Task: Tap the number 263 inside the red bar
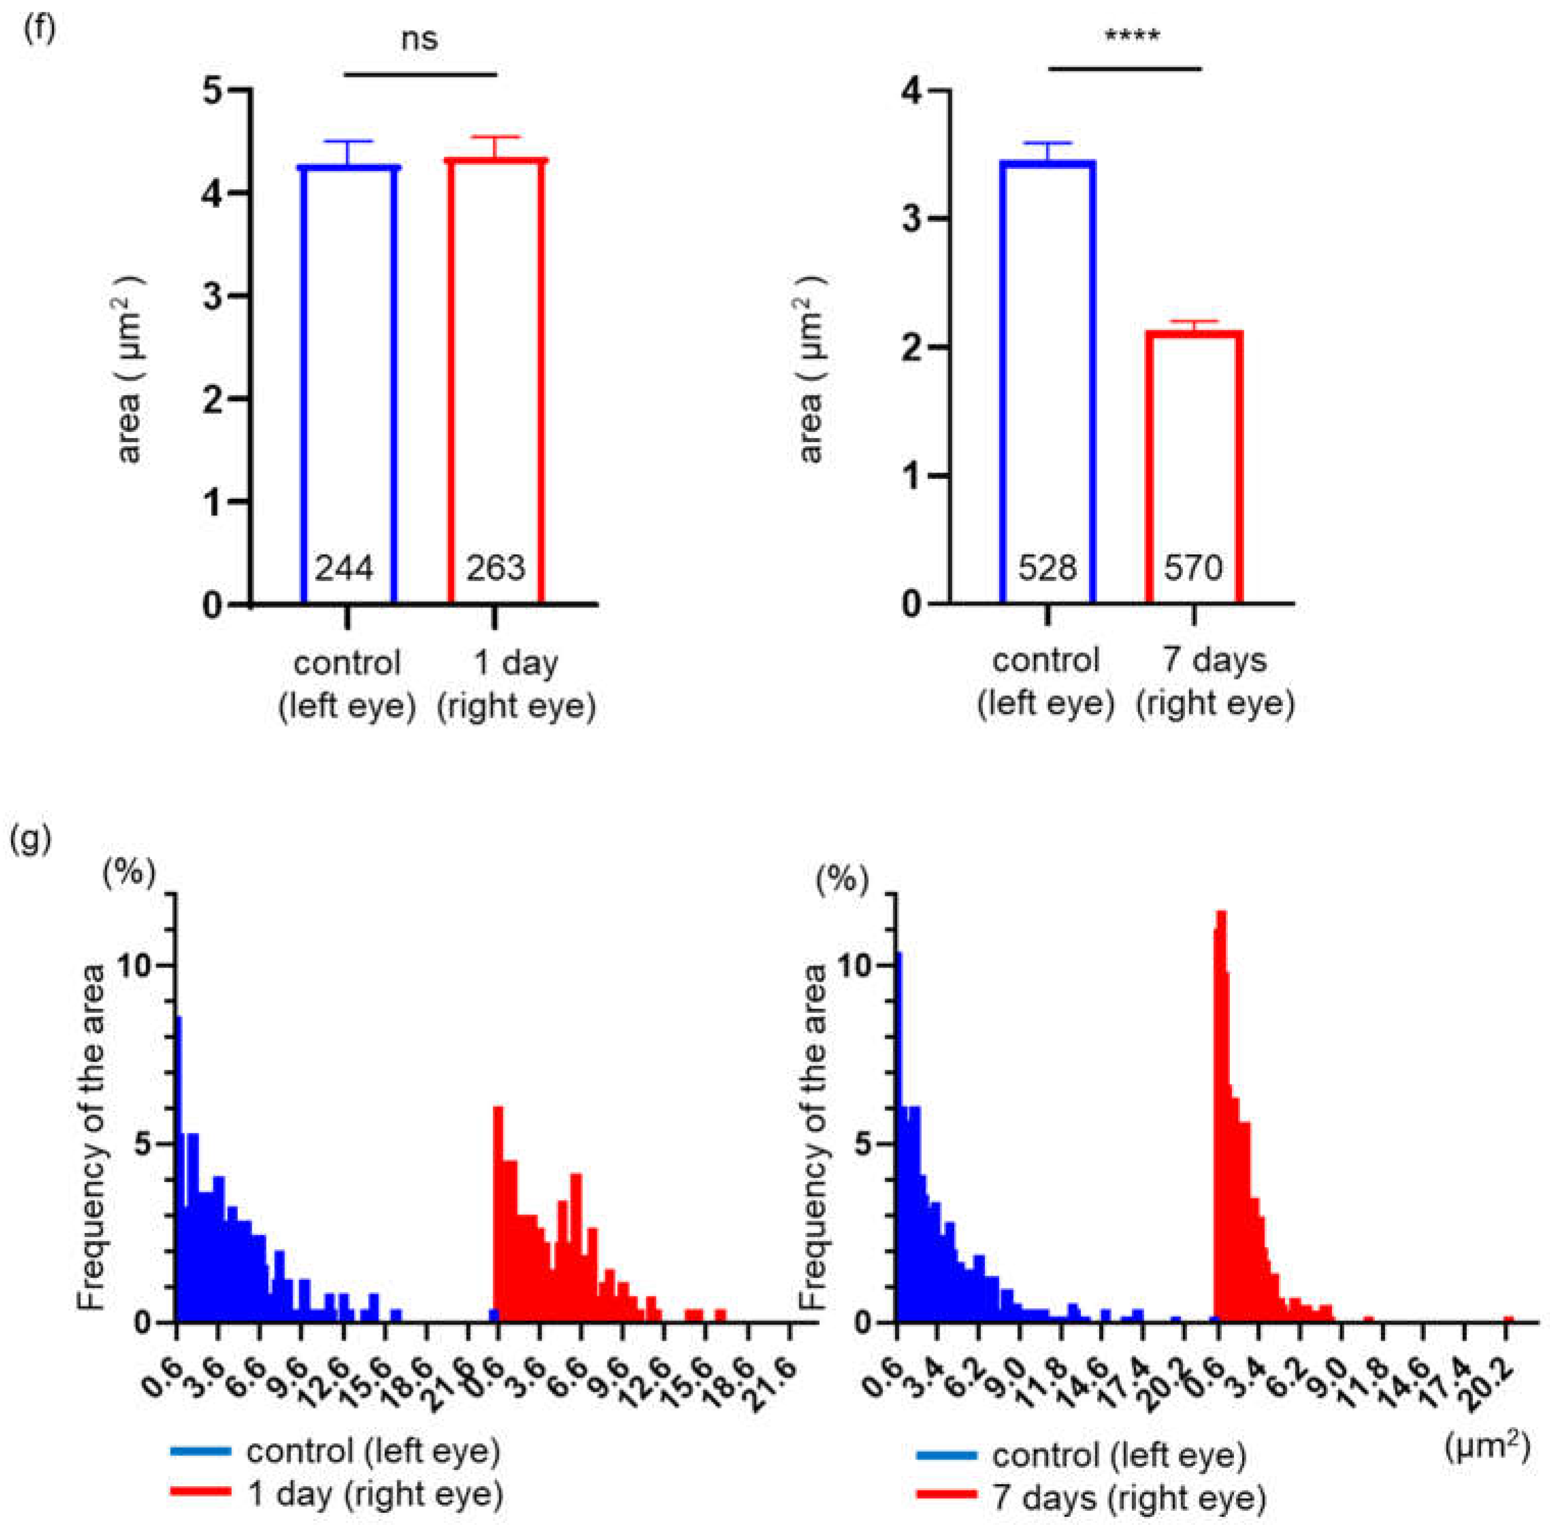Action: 496,568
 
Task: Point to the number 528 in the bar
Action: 1047,568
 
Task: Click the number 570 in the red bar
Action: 1193,568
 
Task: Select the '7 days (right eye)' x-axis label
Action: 1215,682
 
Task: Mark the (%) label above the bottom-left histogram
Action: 128,872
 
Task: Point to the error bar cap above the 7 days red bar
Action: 1194,321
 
